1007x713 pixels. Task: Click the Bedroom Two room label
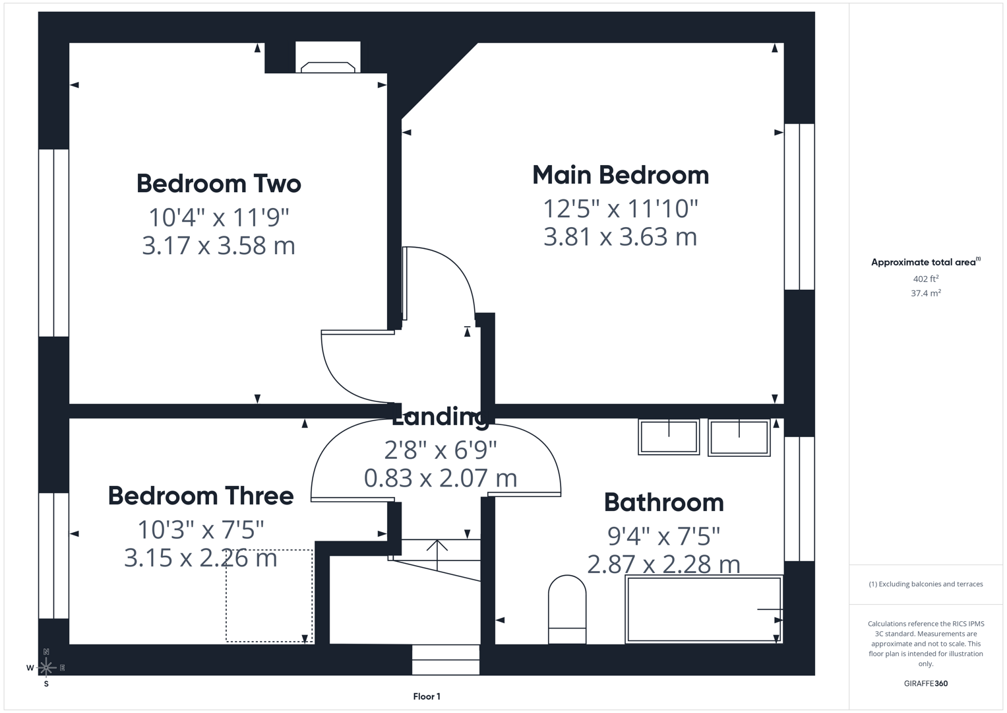point(218,184)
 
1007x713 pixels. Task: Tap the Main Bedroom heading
point(621,175)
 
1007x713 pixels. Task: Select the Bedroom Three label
point(200,496)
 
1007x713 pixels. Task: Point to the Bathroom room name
point(663,502)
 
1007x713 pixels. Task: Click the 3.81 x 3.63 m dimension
point(621,237)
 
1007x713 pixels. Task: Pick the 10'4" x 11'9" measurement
point(218,217)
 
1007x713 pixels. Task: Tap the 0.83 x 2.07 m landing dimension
point(440,478)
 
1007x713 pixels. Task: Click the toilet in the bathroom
point(567,609)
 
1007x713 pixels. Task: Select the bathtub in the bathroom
point(704,609)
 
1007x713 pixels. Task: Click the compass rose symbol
point(46,667)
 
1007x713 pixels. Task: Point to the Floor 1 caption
point(427,696)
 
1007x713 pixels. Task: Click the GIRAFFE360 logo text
point(926,683)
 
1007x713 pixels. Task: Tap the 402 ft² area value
point(926,279)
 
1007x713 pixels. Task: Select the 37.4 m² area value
point(926,293)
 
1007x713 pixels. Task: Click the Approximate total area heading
point(926,262)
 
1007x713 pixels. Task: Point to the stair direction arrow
point(437,555)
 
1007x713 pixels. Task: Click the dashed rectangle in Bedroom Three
point(269,595)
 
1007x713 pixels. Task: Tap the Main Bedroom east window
point(799,207)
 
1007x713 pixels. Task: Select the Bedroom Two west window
point(53,243)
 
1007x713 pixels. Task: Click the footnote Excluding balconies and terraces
point(926,584)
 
